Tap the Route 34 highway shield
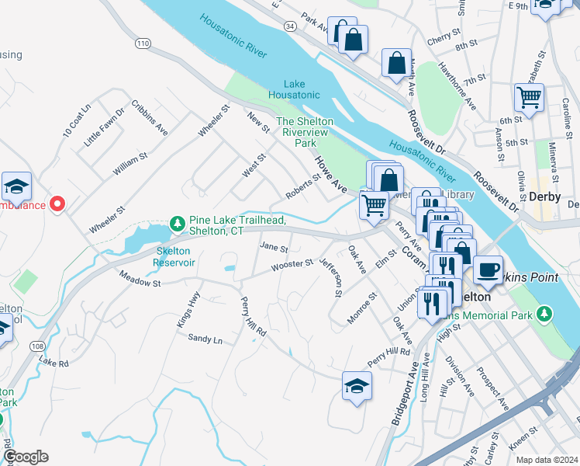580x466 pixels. [288, 26]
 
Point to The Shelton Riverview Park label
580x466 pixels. [306, 132]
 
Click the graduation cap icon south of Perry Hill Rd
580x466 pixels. [356, 385]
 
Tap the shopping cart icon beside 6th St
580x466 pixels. [529, 98]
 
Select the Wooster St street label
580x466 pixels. [292, 266]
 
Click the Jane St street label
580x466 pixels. [274, 249]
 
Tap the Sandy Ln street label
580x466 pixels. [205, 339]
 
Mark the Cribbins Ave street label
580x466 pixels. [149, 116]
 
